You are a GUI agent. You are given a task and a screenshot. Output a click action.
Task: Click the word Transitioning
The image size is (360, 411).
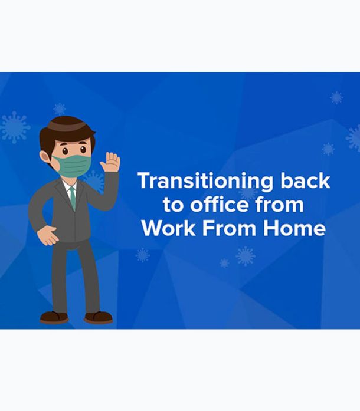(205, 182)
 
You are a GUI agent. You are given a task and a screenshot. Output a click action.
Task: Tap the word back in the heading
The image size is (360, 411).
(306, 180)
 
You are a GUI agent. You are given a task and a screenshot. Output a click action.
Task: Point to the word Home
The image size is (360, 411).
(294, 228)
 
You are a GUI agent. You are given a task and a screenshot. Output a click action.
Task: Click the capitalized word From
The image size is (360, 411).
(229, 228)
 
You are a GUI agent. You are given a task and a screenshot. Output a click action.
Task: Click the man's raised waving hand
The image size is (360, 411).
(110, 162)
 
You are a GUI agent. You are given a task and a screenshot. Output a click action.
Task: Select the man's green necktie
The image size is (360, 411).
(73, 198)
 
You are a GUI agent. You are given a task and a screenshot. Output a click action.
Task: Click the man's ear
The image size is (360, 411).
(45, 157)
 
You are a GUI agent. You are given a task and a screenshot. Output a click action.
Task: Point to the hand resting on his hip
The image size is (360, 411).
(47, 235)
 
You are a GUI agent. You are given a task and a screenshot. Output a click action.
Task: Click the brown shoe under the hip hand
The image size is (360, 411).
(54, 317)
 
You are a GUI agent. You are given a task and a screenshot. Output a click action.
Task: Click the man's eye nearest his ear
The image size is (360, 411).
(65, 151)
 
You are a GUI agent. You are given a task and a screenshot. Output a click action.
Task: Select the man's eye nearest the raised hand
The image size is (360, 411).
(83, 150)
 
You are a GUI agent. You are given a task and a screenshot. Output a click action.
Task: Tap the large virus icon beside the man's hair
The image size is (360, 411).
(15, 127)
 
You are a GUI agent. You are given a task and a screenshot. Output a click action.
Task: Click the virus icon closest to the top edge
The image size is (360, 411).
(336, 97)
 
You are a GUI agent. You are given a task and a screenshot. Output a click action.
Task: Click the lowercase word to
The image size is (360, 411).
(173, 205)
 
